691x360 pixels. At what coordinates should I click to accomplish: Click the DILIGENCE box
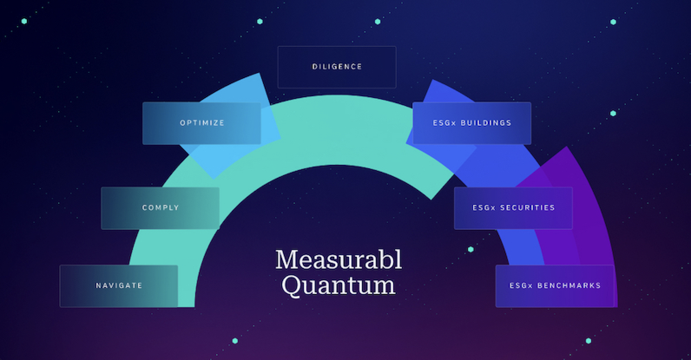337,67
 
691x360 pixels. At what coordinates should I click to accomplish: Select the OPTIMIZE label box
202,123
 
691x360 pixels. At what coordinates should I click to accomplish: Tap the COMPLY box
160,208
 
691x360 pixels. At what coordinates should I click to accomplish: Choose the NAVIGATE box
118,286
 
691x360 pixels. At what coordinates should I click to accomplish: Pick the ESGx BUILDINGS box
472,123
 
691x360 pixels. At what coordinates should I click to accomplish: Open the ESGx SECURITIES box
513,208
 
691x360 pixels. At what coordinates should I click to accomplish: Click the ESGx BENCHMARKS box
555,286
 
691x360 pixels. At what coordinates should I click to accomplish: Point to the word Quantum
339,285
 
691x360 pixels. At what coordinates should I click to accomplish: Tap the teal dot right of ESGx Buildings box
613,114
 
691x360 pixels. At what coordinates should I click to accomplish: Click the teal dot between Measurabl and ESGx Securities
471,249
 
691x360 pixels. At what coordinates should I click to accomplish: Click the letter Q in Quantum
292,285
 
